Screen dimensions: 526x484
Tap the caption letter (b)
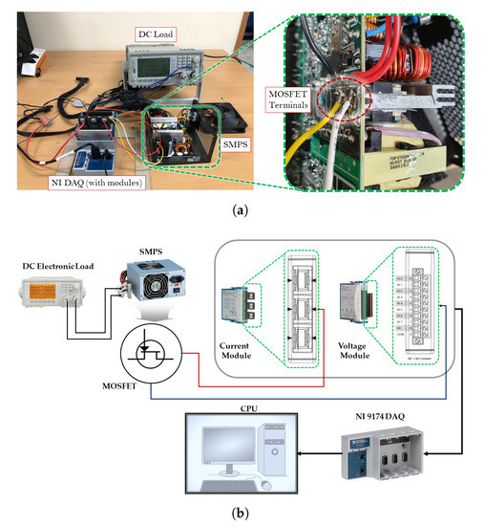tap(242, 512)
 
